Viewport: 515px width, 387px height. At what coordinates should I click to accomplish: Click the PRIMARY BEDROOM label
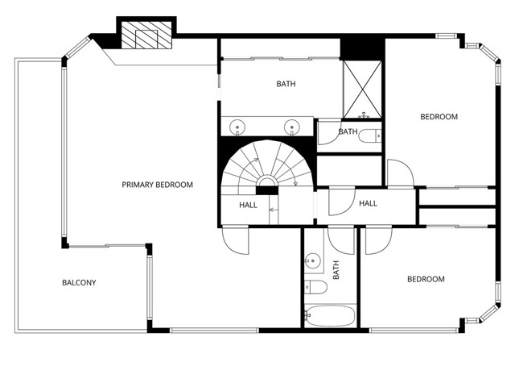(x=157, y=185)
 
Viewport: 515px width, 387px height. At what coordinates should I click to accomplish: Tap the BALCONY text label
(x=79, y=282)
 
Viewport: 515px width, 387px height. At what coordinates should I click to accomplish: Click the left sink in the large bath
(x=238, y=126)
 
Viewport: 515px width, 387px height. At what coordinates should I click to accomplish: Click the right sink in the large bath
(x=292, y=126)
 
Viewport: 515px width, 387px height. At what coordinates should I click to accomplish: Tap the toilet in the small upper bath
(x=371, y=136)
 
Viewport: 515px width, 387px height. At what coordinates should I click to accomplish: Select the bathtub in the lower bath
(x=330, y=315)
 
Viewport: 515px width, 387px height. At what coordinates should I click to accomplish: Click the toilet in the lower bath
(x=315, y=288)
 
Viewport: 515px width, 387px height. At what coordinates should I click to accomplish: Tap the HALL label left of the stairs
(x=249, y=205)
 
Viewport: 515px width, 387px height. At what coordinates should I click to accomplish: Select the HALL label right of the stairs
(x=368, y=203)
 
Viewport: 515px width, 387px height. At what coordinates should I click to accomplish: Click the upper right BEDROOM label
(x=439, y=117)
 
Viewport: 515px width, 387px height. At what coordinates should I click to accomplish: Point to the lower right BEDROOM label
(x=425, y=279)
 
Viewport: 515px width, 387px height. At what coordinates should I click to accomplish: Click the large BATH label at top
(x=286, y=83)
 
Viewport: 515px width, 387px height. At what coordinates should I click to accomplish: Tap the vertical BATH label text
(x=336, y=269)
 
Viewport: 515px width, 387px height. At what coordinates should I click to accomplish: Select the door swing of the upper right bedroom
(x=400, y=172)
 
